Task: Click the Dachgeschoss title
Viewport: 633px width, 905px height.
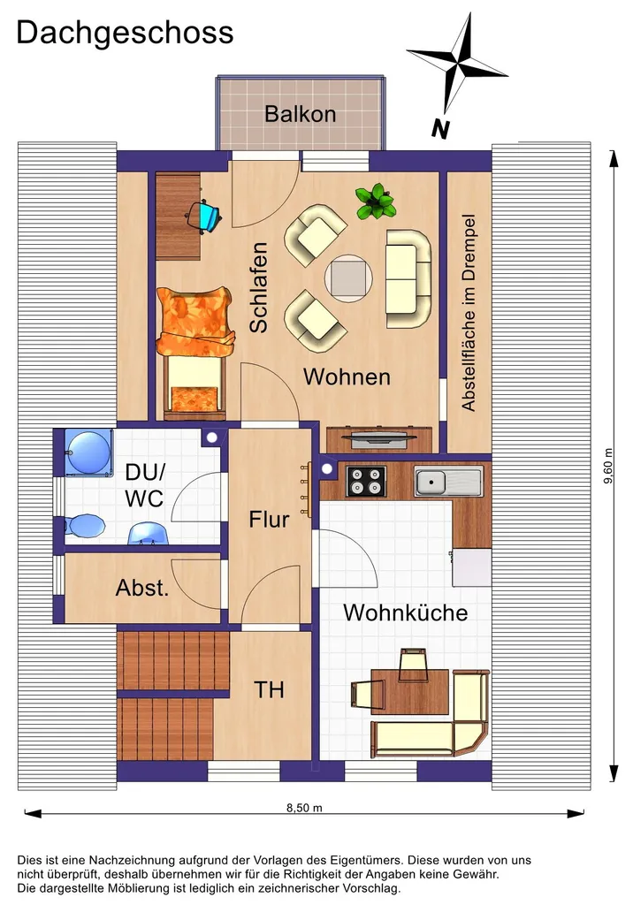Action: click(125, 34)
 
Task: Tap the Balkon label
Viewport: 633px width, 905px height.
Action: click(301, 114)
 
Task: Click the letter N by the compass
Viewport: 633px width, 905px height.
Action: click(440, 129)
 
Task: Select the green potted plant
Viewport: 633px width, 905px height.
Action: click(376, 202)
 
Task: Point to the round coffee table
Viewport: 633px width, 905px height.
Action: click(348, 278)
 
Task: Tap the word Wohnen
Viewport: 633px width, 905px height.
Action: click(347, 376)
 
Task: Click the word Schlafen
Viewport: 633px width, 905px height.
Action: click(259, 287)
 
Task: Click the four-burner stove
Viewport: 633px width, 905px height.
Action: click(366, 482)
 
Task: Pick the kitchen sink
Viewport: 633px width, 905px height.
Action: click(448, 482)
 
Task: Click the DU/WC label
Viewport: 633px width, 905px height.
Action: click(145, 485)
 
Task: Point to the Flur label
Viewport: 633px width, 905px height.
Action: click(269, 520)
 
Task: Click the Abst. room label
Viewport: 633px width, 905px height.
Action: click(142, 588)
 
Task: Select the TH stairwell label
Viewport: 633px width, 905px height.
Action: click(269, 689)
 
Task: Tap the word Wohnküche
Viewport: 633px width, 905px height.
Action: click(406, 612)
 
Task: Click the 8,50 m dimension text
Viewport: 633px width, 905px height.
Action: click(304, 808)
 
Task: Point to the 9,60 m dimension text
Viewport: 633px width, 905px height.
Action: click(608, 466)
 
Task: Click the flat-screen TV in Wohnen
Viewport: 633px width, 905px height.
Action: click(378, 438)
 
